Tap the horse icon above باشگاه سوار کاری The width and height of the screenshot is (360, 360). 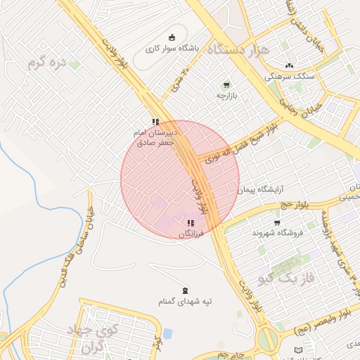pyautogui.click(x=172, y=38)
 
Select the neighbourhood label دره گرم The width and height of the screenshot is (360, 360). pyautogui.click(x=46, y=63)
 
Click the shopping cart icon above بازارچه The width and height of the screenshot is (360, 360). pyautogui.click(x=226, y=84)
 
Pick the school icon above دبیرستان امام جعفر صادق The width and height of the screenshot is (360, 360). pyautogui.click(x=155, y=122)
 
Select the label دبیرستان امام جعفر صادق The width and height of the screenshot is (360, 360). pyautogui.click(x=156, y=136)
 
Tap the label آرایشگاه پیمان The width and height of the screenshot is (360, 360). pyautogui.click(x=264, y=190)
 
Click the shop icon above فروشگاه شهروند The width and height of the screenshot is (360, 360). pyautogui.click(x=278, y=221)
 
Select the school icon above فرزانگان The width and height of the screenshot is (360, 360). pyautogui.click(x=191, y=223)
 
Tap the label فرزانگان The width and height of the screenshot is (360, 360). pyautogui.click(x=190, y=233)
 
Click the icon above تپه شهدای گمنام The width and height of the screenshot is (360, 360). pyautogui.click(x=185, y=290)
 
